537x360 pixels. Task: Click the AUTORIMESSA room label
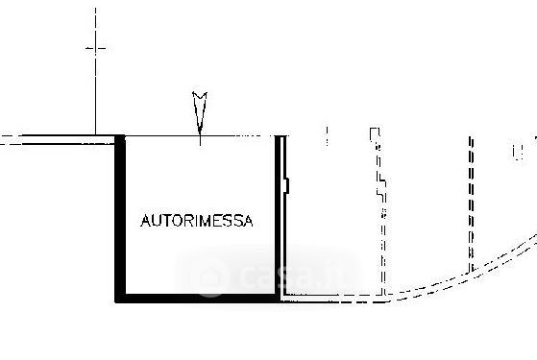(197, 221)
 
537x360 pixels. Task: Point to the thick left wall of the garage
(120, 219)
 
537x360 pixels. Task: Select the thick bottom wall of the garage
(197, 299)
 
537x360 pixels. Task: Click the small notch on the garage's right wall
(287, 186)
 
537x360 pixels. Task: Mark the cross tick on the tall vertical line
(95, 48)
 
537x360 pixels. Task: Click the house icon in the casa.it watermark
(210, 276)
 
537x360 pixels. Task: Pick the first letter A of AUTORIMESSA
(146, 221)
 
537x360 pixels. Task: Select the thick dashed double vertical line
(472, 204)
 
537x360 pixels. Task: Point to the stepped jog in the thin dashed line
(382, 186)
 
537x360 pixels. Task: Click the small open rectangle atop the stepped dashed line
(375, 134)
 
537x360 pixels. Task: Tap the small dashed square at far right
(518, 153)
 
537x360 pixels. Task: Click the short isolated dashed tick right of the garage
(327, 136)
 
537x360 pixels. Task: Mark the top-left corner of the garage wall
(115, 135)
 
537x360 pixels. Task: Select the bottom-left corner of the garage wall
(115, 302)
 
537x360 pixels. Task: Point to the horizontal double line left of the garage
(58, 139)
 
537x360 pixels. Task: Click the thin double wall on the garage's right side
(282, 216)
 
